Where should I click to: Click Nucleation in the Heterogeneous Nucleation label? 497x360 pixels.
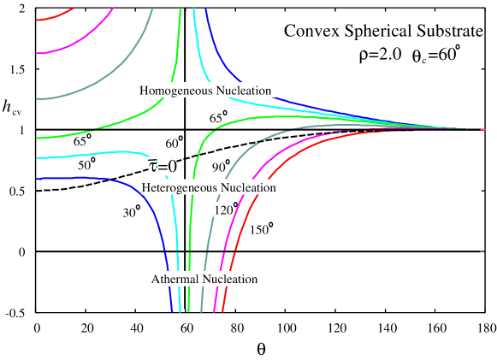(249, 187)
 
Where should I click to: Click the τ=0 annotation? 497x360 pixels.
(162, 167)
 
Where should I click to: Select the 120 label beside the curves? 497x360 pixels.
(223, 210)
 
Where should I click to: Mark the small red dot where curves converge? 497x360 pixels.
(483, 129)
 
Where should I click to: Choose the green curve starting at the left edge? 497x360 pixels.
(86, 131)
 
